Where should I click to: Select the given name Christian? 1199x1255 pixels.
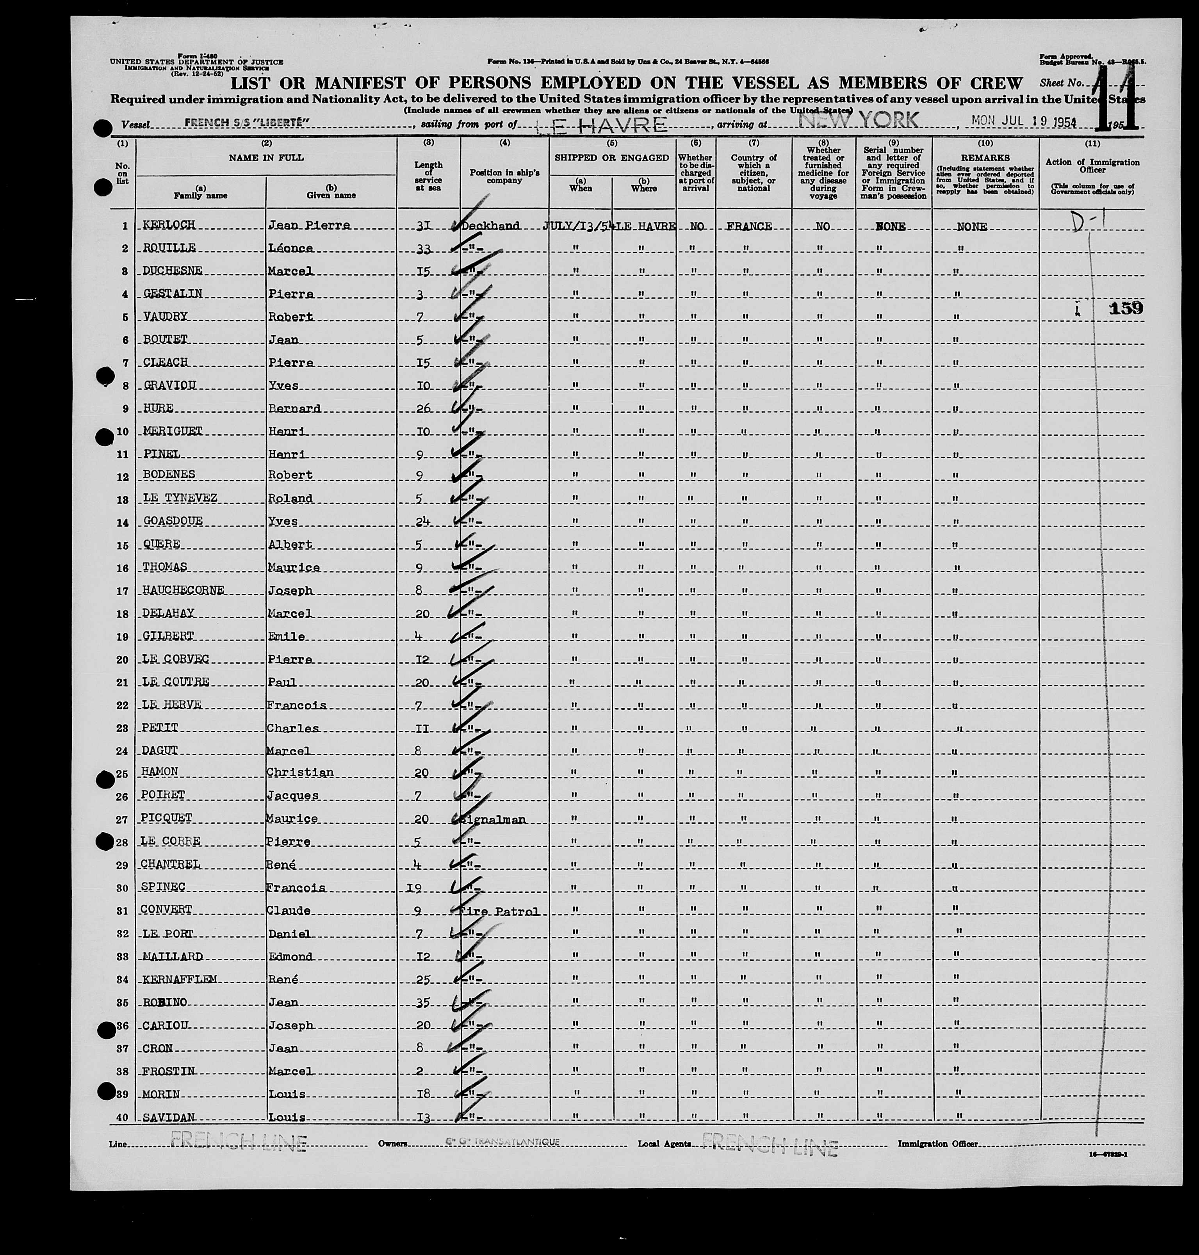click(300, 773)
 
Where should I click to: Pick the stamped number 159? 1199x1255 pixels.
click(1126, 309)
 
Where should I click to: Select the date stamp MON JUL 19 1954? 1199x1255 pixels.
click(1024, 121)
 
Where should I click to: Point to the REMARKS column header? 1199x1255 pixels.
click(985, 157)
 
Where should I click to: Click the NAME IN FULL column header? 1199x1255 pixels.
click(267, 157)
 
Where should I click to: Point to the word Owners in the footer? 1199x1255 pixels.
click(392, 1144)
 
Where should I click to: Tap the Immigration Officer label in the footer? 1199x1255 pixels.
click(937, 1144)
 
